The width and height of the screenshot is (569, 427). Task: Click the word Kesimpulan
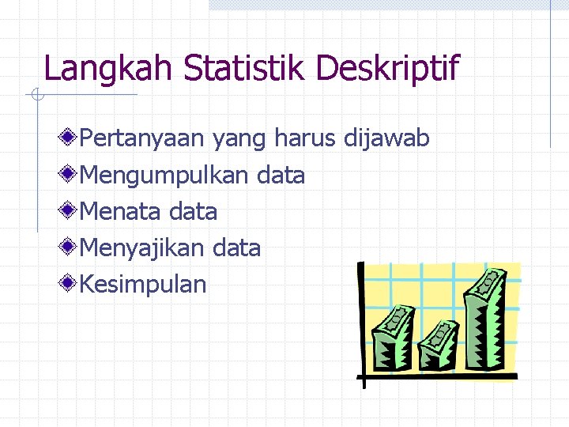pos(143,285)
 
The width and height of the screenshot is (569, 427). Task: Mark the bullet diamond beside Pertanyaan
pos(70,138)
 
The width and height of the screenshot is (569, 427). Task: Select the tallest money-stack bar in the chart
pos(484,316)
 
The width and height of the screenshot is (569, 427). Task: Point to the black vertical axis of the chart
pos(361,324)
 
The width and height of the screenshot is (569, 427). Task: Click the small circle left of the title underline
pos(36,96)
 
